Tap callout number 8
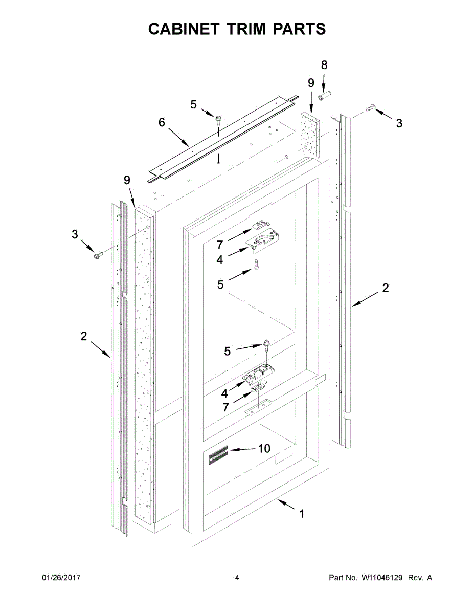[324, 65]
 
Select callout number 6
[162, 123]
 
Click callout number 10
[264, 449]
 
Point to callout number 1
[302, 514]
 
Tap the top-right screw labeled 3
[371, 108]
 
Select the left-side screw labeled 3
[97, 254]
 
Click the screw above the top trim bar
[219, 120]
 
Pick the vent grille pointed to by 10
[218, 455]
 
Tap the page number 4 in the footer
[237, 578]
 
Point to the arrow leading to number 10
[242, 449]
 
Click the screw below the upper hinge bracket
[256, 264]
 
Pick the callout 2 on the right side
[386, 288]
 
